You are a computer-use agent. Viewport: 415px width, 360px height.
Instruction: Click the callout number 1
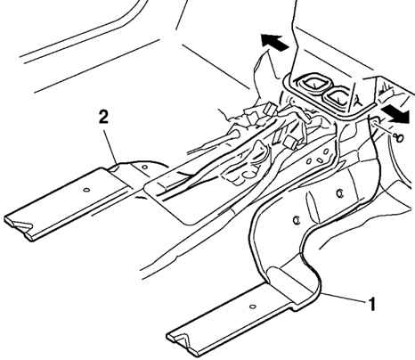pos(371,304)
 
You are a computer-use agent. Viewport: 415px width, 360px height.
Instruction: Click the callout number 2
pos(103,118)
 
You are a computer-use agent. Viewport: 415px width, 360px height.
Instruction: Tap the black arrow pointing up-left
pos(274,42)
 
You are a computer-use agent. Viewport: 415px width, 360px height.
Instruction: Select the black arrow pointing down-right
pos(395,114)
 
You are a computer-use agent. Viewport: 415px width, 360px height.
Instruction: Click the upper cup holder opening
pos(313,82)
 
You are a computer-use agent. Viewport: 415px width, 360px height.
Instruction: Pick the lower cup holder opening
pos(337,97)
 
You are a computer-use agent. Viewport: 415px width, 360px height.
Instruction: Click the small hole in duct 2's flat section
pos(86,190)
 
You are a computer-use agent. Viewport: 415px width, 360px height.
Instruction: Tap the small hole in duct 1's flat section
pos(253,307)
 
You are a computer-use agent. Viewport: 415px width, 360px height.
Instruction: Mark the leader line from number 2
pos(111,144)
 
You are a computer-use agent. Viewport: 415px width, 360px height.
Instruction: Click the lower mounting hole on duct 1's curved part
pos(296,220)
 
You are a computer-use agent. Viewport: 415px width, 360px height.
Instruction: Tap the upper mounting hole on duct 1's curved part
pos(340,193)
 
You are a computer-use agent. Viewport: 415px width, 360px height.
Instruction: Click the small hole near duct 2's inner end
pos(144,168)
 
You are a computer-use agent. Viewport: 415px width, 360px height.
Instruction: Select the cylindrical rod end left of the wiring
pos(232,135)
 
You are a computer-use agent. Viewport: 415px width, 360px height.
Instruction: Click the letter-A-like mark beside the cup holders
pos(357,101)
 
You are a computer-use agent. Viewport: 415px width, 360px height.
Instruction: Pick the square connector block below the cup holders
pos(290,142)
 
